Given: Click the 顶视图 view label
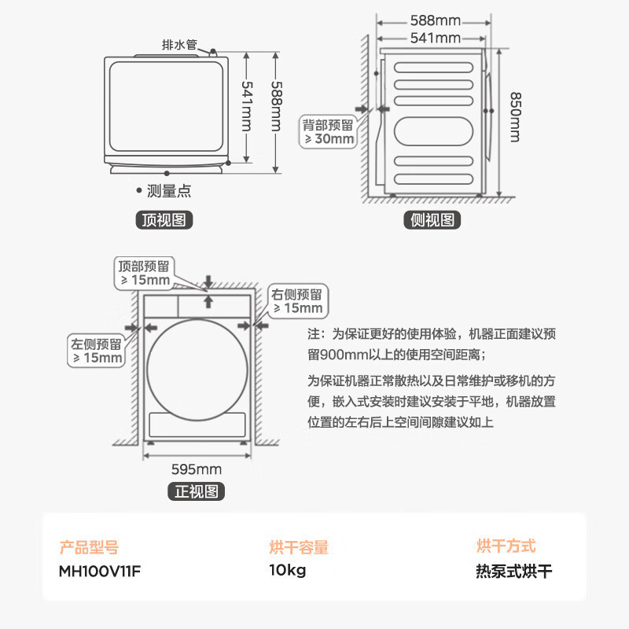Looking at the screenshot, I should [x=164, y=219].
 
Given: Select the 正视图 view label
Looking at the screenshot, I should [x=196, y=492].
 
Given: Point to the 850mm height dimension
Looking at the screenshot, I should [x=514, y=117].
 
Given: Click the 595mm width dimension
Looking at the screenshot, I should [x=197, y=469].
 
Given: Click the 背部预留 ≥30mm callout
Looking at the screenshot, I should [x=329, y=131].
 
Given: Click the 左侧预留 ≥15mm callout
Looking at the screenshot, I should [x=95, y=351].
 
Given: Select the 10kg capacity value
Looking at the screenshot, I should [x=287, y=571].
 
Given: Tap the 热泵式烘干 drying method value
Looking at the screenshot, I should [x=514, y=571].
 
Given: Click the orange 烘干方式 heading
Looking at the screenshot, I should [x=506, y=546].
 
